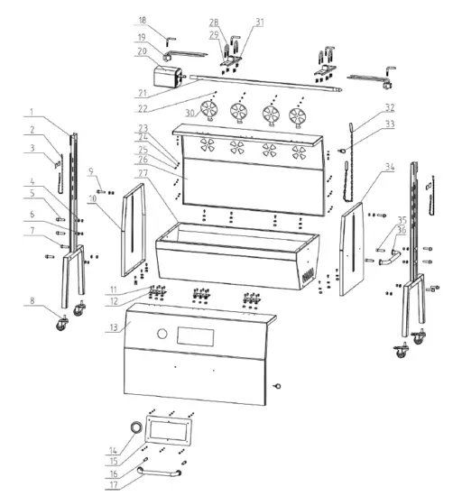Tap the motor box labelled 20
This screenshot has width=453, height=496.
[166, 76]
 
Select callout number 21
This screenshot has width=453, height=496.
[142, 93]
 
